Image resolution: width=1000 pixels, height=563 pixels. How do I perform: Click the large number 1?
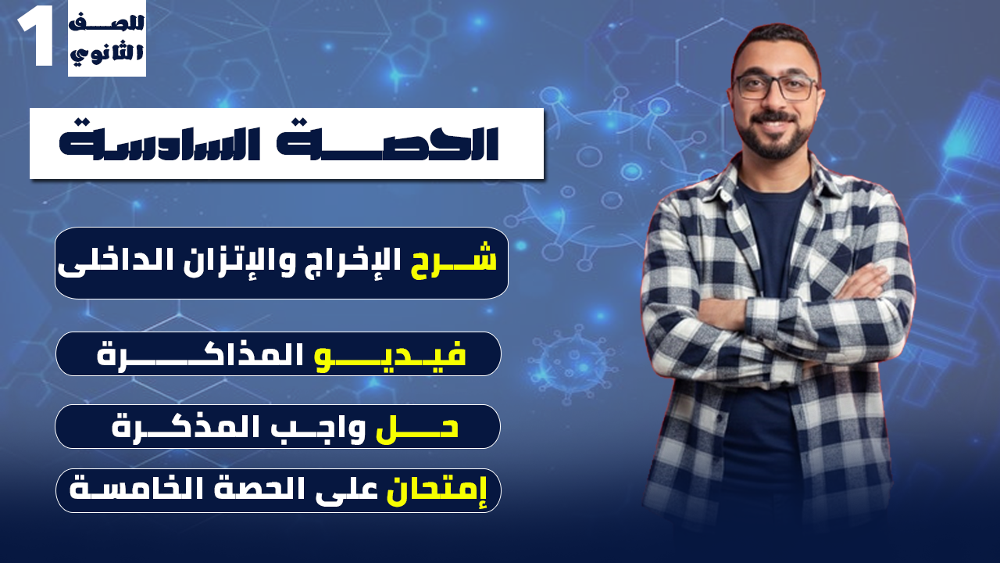tap(36, 38)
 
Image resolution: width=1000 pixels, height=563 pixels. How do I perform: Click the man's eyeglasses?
tap(774, 87)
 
